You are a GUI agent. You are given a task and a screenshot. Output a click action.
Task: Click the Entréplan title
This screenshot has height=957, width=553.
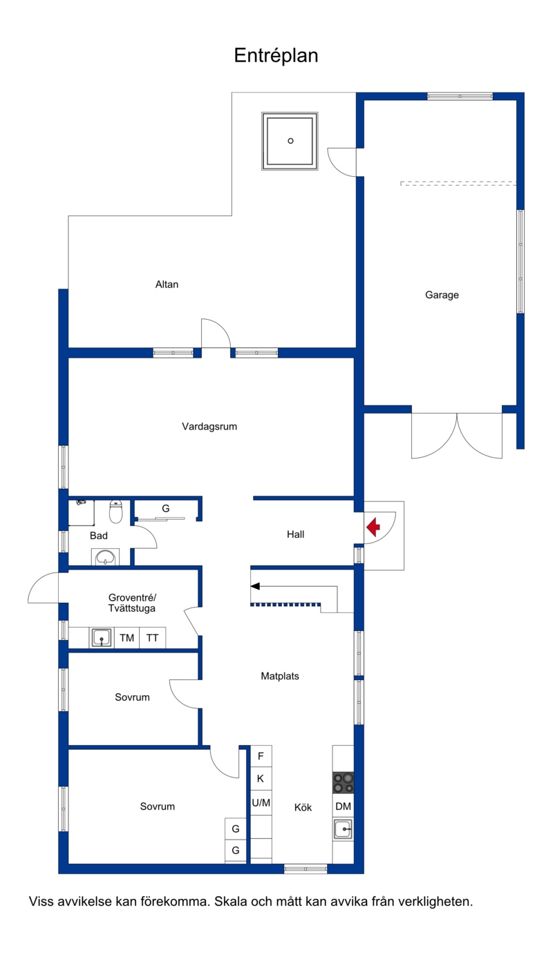point(276,56)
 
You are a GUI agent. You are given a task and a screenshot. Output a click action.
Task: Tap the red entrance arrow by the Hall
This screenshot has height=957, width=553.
point(373,527)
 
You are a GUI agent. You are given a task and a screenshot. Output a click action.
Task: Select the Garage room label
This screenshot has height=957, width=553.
point(442,295)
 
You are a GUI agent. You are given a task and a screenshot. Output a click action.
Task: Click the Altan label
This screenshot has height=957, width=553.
point(167,284)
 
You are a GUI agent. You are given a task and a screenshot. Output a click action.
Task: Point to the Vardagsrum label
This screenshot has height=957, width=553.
point(209,427)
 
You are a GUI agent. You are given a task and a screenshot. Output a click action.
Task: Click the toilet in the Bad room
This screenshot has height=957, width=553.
point(115,512)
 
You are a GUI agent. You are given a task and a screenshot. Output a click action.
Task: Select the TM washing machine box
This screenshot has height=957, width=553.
point(127,638)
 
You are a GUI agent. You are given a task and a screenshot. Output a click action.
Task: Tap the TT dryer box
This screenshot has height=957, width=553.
point(152,638)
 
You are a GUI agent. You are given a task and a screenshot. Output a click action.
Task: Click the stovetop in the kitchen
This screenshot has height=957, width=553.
point(344,783)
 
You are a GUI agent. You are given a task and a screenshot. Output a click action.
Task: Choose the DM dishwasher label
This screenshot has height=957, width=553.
point(343,806)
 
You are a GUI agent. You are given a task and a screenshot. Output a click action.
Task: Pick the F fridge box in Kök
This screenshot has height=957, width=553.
point(261,757)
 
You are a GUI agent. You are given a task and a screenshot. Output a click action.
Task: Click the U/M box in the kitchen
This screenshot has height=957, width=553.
point(261,803)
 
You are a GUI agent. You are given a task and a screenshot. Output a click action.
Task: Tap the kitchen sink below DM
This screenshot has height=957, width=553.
point(343,829)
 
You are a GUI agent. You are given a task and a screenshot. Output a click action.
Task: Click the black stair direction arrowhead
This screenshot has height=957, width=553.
point(255,586)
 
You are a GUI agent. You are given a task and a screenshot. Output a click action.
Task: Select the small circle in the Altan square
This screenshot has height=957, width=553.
point(290,141)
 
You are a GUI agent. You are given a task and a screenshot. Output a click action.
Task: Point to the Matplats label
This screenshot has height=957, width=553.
point(280,676)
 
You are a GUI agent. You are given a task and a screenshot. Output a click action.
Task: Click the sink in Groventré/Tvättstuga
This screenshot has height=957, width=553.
point(102,638)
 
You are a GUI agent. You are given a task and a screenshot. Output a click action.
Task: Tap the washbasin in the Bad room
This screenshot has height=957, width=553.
point(105,557)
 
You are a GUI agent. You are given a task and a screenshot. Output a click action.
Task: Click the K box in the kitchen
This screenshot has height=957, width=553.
point(261,779)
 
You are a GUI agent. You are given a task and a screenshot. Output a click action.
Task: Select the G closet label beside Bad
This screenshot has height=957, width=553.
point(165,508)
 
